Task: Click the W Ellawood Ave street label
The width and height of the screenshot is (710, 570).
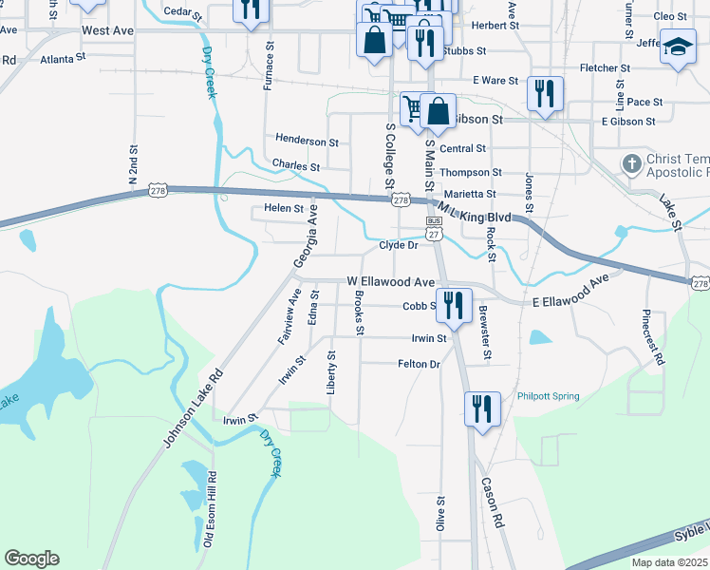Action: pyautogui.click(x=390, y=282)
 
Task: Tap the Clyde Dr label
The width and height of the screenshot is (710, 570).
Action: pyautogui.click(x=399, y=245)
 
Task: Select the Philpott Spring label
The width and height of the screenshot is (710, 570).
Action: pyautogui.click(x=548, y=396)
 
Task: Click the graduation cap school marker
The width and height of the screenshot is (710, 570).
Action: pyautogui.click(x=678, y=47)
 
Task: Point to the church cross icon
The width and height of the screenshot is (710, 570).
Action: pyautogui.click(x=630, y=164)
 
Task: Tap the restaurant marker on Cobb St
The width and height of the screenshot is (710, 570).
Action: pyautogui.click(x=454, y=305)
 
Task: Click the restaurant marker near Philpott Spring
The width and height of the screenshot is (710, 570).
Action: pyautogui.click(x=482, y=409)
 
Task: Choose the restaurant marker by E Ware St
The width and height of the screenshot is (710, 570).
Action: pyautogui.click(x=545, y=93)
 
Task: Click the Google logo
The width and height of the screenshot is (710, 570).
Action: pyautogui.click(x=31, y=559)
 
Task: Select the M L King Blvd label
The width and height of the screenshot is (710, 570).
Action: pyautogui.click(x=472, y=211)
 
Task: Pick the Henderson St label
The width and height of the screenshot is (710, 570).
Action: pyautogui.click(x=307, y=141)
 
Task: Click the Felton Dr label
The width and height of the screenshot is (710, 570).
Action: pyautogui.click(x=420, y=364)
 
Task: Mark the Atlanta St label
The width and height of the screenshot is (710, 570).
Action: pyautogui.click(x=63, y=57)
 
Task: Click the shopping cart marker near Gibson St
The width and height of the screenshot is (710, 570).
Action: pyautogui.click(x=414, y=108)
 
